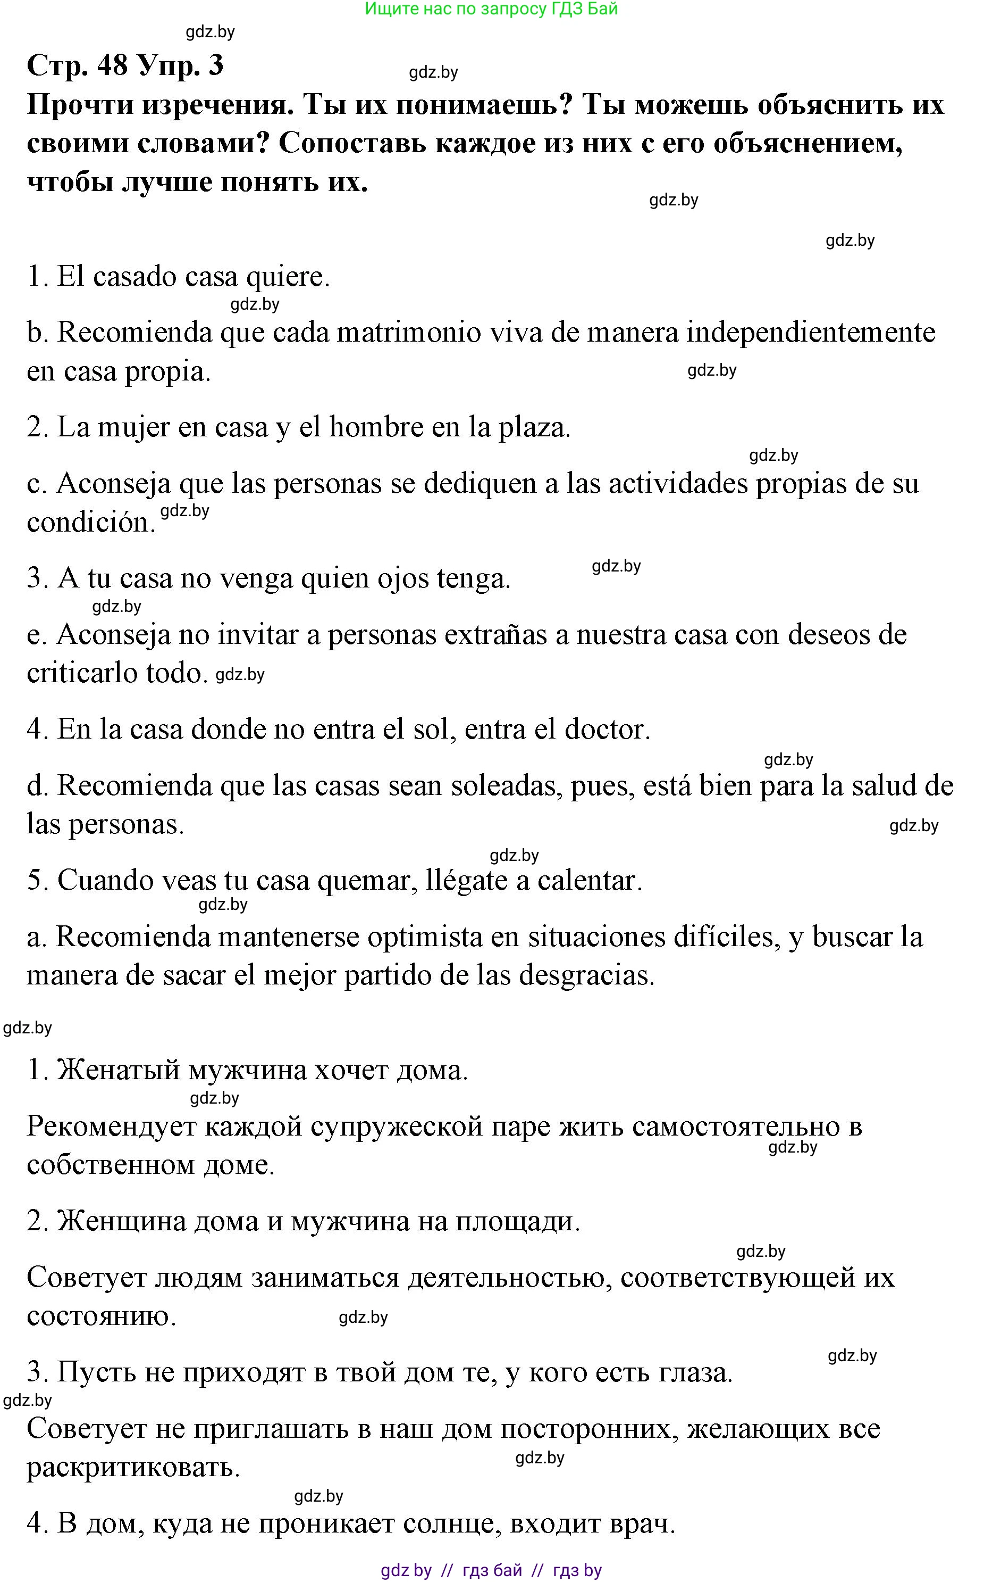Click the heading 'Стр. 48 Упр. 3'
coord(125,65)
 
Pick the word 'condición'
coord(90,523)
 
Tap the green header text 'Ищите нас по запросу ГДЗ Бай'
coord(491,9)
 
